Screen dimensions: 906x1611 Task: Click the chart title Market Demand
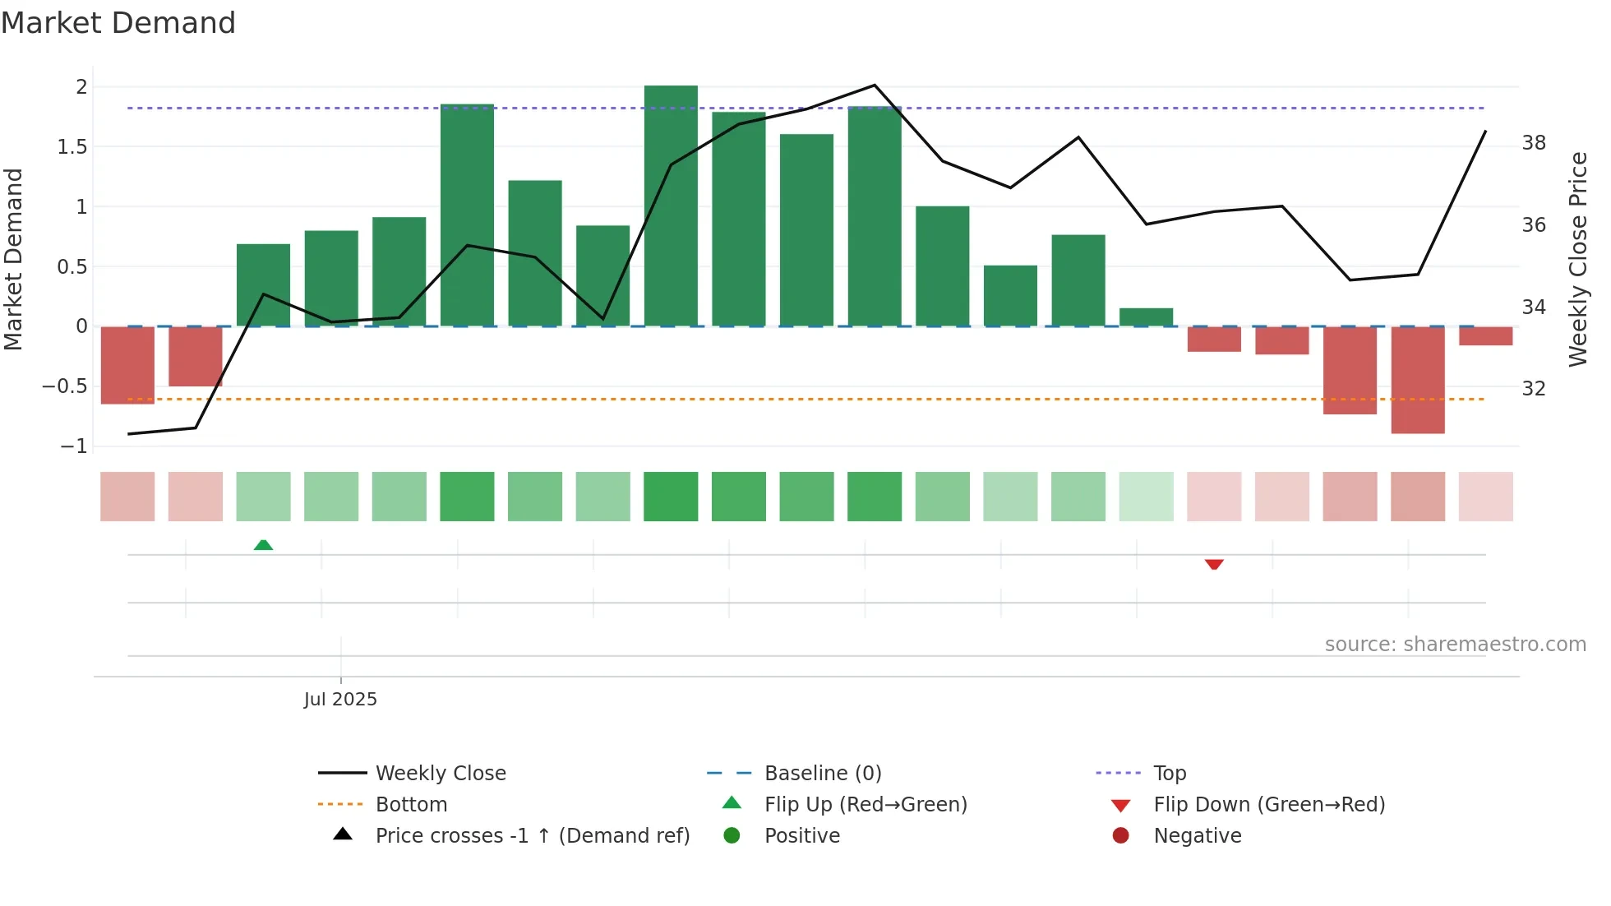[118, 23]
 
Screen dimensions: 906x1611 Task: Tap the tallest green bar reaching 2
[671, 206]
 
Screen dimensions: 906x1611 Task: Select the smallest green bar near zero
[1146, 317]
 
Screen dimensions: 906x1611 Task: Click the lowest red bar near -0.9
[1418, 380]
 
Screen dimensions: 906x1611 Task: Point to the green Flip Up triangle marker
[263, 545]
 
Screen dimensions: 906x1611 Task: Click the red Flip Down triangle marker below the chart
[1214, 564]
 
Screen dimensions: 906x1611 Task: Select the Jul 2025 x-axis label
[340, 700]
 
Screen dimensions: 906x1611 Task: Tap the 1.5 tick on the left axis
[72, 147]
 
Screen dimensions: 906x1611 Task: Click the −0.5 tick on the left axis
[64, 386]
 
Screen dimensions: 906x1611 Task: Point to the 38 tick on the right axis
[1534, 143]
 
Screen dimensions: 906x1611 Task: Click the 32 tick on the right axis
[1534, 388]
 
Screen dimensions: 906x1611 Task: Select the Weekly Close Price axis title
[1577, 259]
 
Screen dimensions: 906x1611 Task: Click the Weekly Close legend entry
[441, 774]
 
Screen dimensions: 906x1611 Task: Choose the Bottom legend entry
[411, 805]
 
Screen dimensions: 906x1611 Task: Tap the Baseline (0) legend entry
[822, 774]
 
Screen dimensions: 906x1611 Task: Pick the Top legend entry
[1169, 774]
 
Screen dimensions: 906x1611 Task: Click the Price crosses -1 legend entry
[532, 836]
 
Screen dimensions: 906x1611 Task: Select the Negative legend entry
[1197, 836]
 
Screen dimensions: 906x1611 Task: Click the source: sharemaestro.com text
[1455, 645]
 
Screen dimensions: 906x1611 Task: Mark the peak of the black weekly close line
[875, 86]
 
